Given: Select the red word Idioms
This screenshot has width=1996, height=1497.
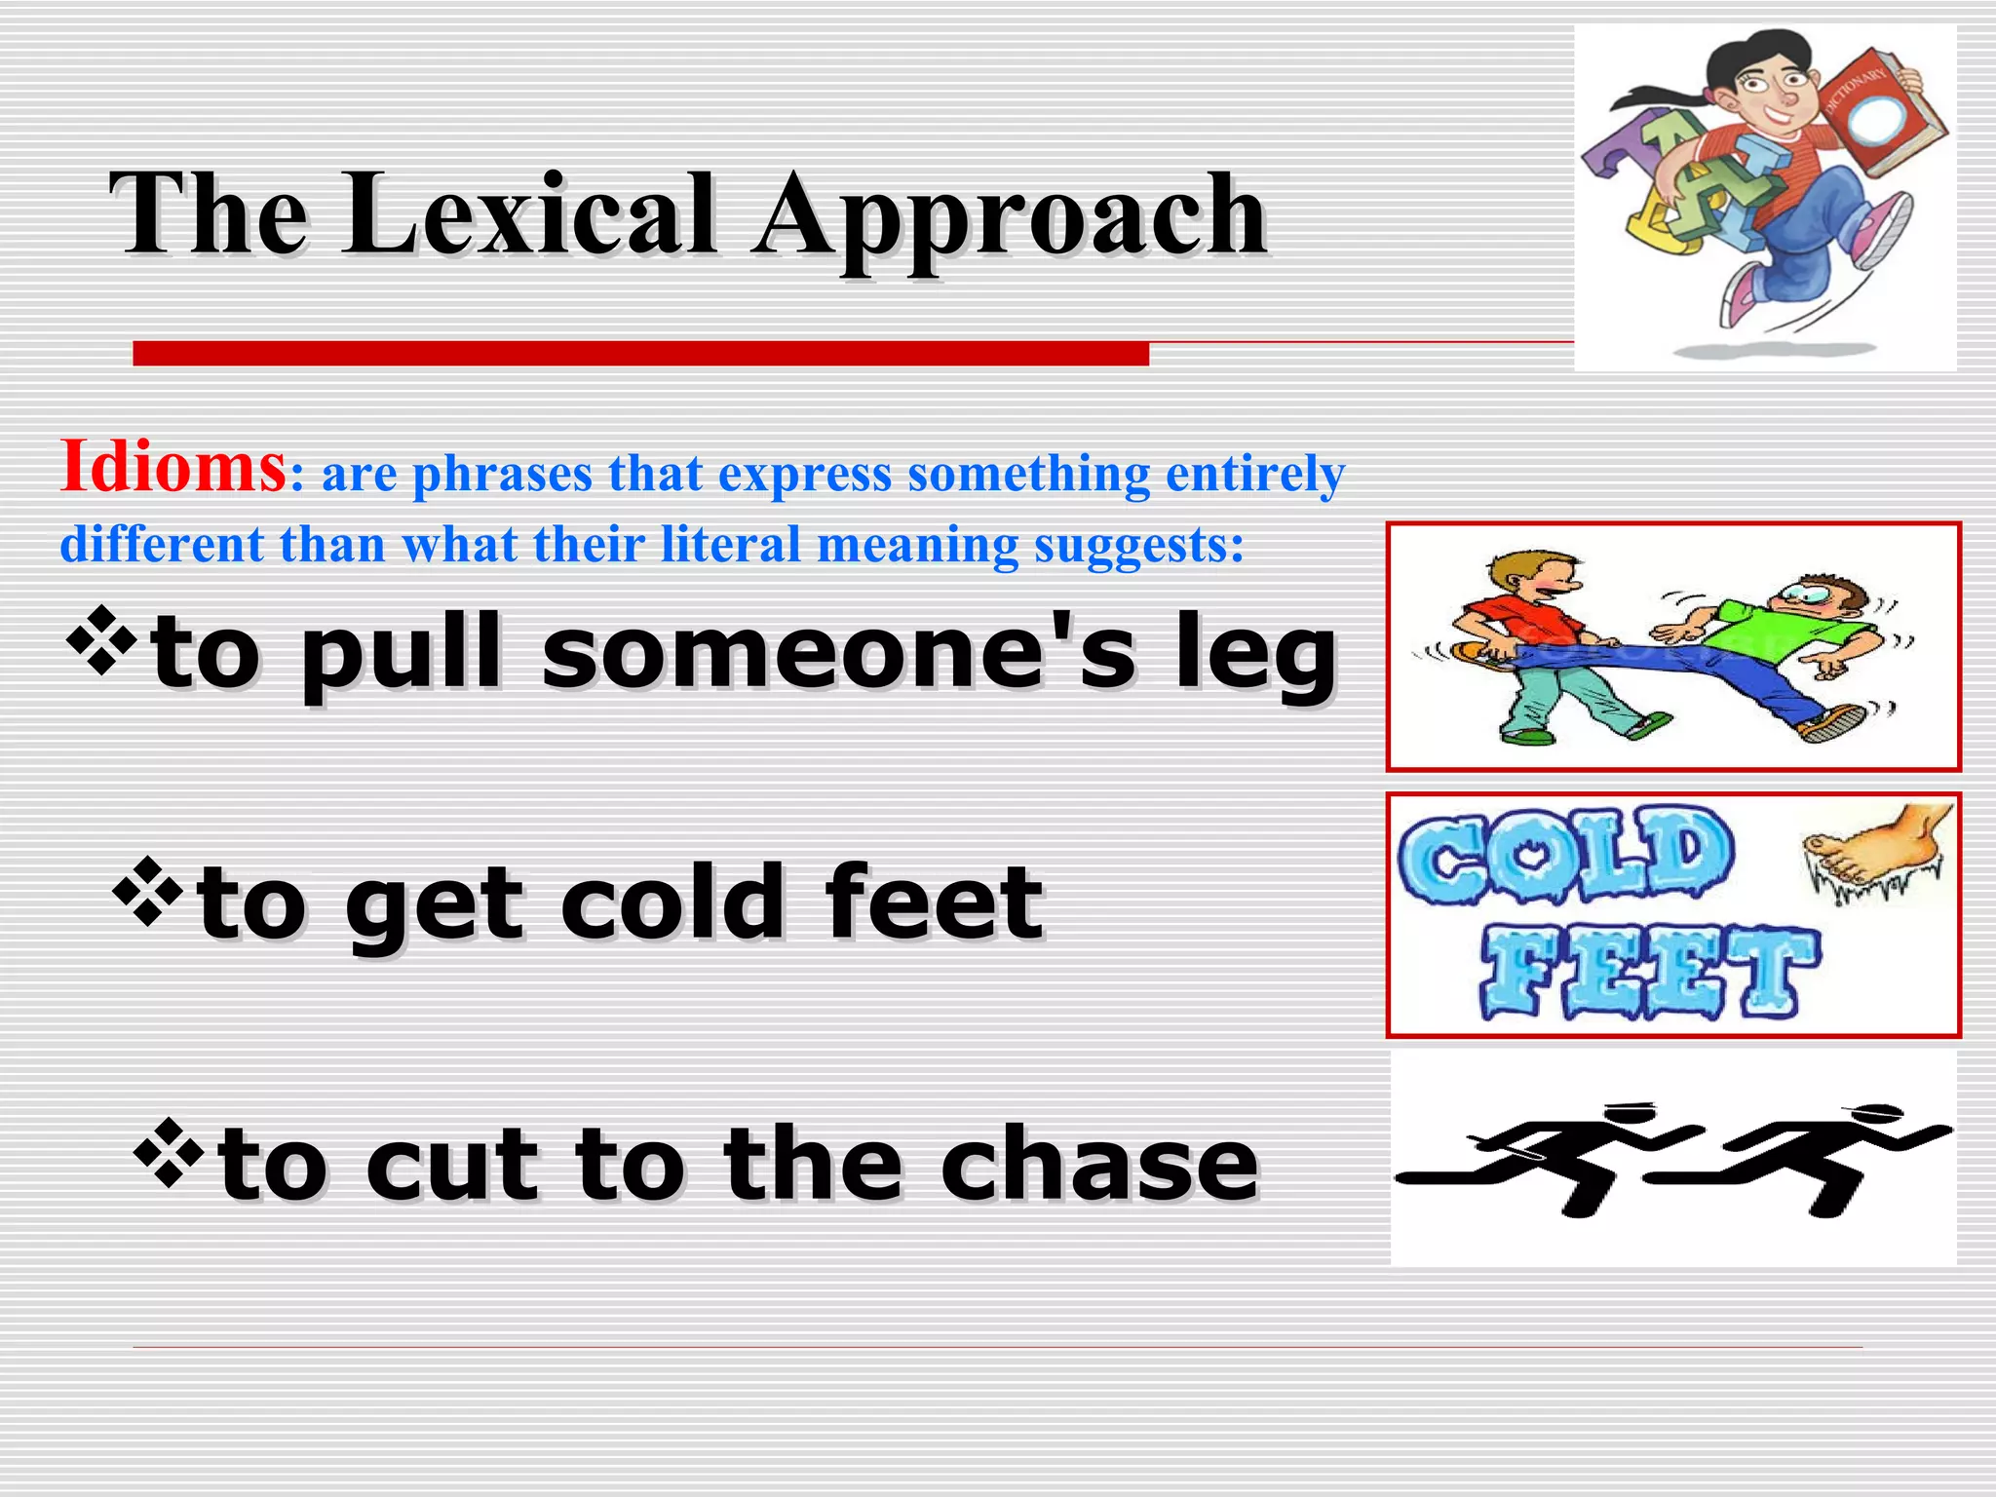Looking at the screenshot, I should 173,467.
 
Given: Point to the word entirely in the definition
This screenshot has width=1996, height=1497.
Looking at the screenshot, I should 1255,474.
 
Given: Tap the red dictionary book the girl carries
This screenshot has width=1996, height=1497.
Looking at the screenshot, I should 1877,117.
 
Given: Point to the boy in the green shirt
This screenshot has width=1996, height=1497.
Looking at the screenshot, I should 1784,643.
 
